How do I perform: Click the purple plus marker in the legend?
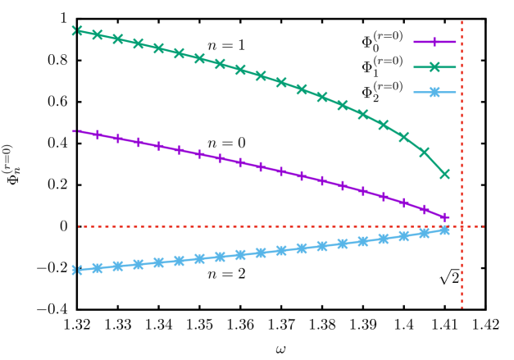[434, 42]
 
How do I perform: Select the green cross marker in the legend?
[434, 67]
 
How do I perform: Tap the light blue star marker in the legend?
[434, 92]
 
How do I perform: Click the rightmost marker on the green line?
[445, 174]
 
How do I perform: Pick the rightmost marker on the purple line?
[445, 218]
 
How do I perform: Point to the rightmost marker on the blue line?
[445, 230]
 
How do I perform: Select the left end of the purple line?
[75, 130]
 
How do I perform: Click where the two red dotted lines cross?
[462, 226]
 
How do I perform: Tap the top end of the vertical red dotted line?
[462, 21]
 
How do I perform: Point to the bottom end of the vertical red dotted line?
[462, 307]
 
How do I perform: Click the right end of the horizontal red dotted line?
[484, 226]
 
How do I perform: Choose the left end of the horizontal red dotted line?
[79, 226]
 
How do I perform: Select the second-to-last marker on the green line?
[425, 152]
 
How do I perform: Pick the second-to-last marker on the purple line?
[425, 210]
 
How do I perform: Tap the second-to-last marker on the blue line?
[425, 233]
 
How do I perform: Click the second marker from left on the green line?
[98, 34]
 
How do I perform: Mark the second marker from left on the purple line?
[98, 134]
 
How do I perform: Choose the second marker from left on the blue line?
[98, 268]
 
